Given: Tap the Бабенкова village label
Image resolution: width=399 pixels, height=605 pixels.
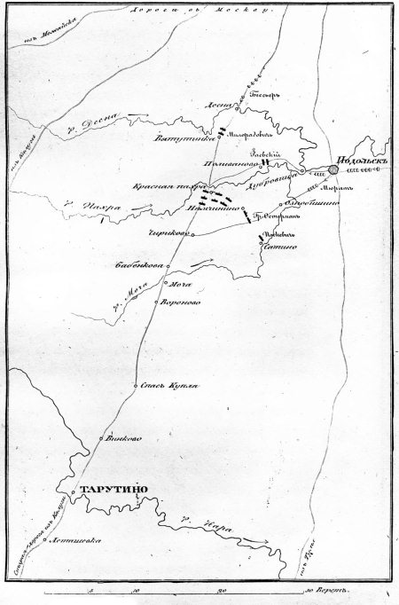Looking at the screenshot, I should point(136,263).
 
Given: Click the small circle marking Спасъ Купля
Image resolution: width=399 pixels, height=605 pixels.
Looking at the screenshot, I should point(135,387).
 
